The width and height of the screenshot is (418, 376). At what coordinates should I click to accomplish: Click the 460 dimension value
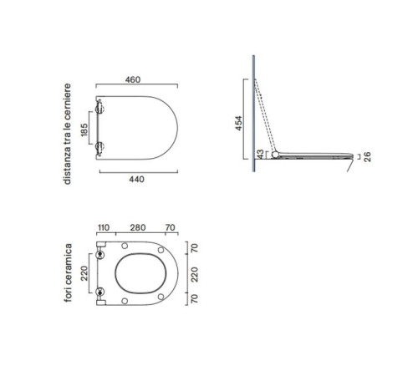[133, 79]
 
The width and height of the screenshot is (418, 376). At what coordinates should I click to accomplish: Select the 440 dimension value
[136, 179]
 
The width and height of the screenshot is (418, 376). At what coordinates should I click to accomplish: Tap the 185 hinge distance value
[84, 130]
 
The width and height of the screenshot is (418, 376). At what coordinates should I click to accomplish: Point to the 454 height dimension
[238, 123]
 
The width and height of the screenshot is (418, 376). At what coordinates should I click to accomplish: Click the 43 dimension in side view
[260, 154]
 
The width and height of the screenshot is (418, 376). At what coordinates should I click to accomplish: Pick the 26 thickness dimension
[368, 157]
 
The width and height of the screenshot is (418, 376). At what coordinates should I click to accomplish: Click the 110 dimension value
[103, 227]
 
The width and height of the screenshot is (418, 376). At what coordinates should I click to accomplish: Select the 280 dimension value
[138, 227]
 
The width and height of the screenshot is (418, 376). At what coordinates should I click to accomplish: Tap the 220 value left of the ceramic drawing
[84, 273]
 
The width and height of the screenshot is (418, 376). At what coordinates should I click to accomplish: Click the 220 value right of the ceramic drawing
[195, 274]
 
